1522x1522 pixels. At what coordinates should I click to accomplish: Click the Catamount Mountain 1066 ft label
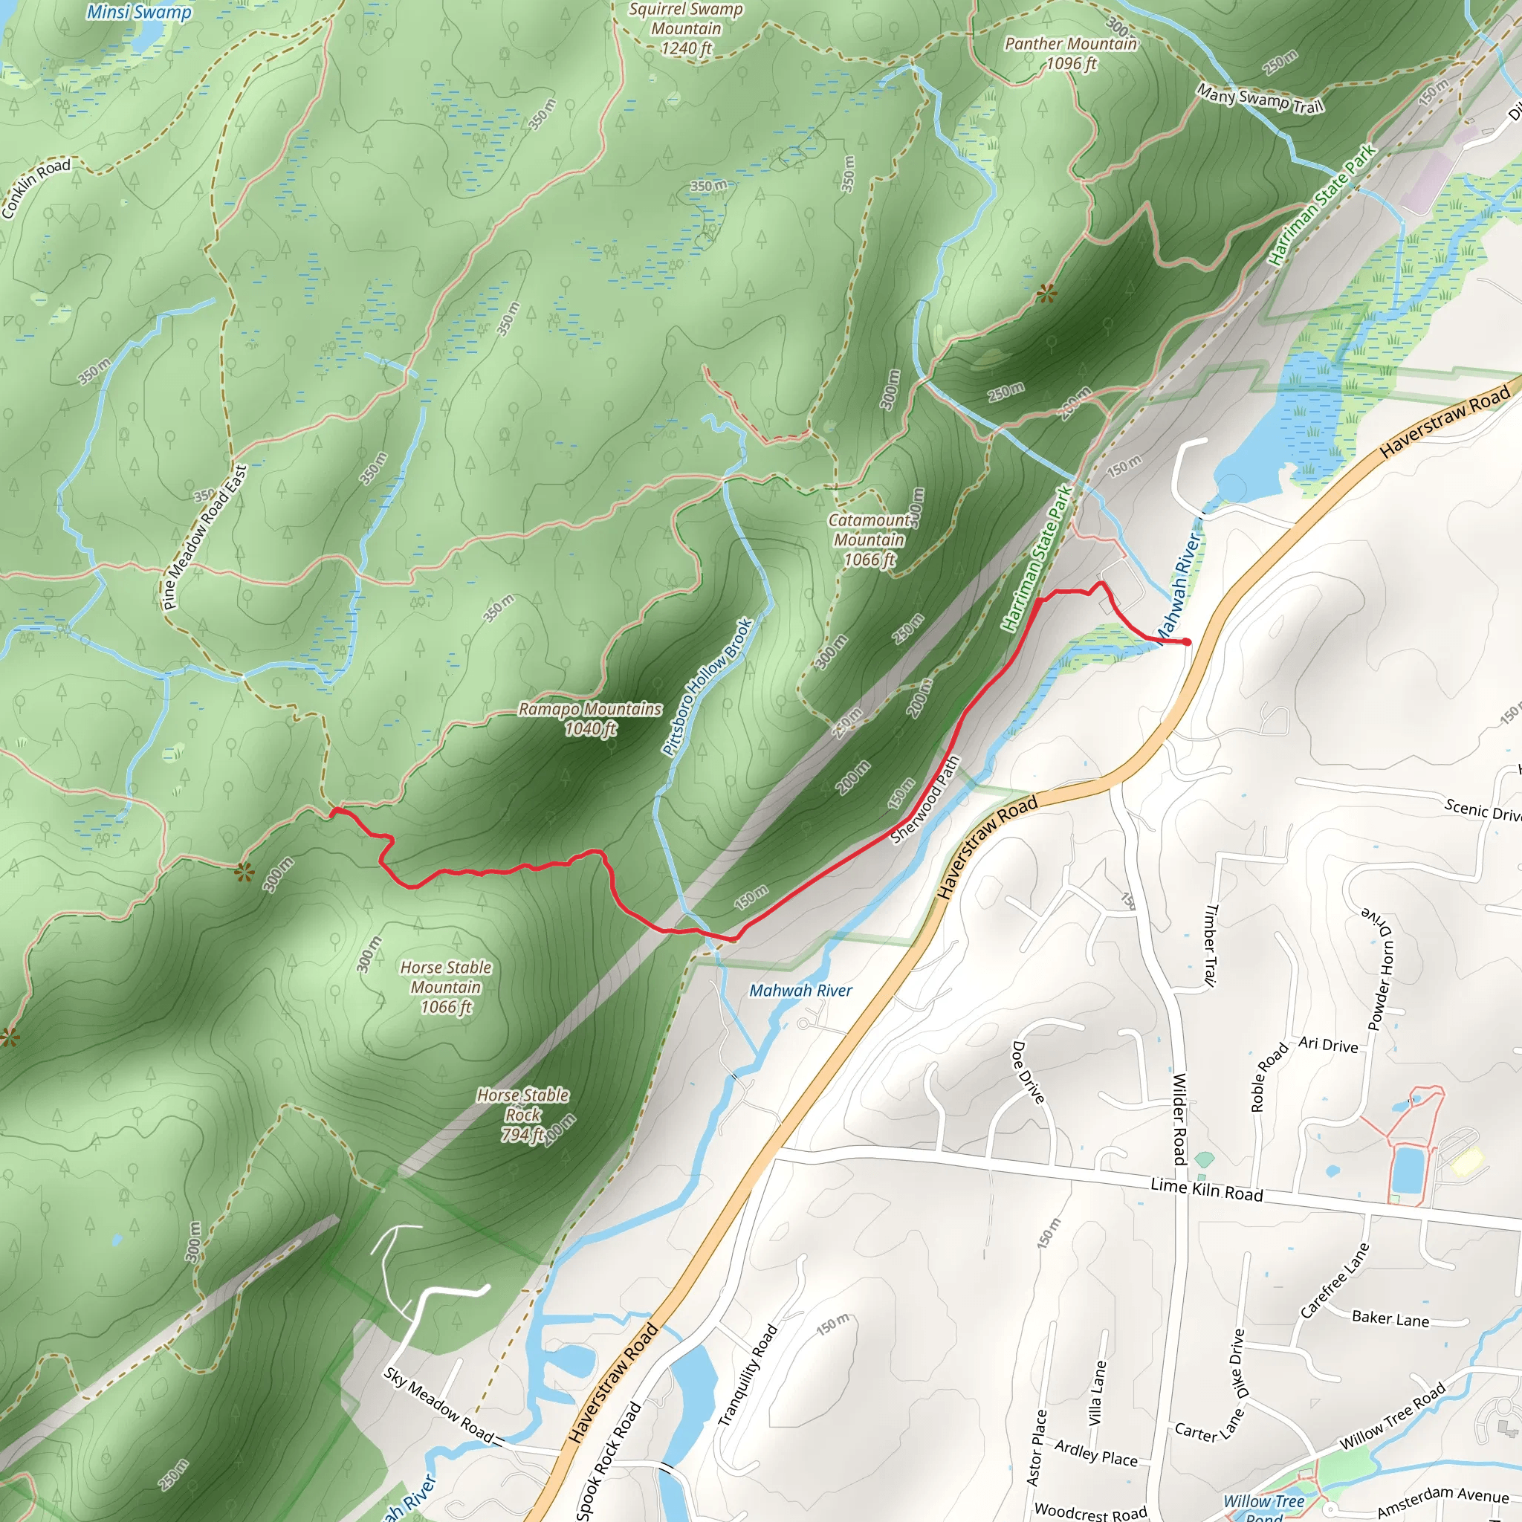(869, 540)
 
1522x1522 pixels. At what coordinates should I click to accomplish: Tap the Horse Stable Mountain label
(446, 986)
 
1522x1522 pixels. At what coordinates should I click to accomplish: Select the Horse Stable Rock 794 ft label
(523, 1115)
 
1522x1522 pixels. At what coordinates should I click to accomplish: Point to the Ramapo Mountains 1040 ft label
(590, 719)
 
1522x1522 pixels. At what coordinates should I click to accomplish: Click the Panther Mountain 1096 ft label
(1071, 54)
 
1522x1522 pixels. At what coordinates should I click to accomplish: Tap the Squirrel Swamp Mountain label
(685, 29)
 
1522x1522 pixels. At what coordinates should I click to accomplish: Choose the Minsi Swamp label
(139, 12)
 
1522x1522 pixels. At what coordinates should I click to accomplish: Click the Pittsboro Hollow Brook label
(707, 687)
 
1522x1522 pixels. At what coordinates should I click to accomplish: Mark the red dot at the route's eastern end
(1187, 643)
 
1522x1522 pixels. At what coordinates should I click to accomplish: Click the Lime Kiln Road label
(1206, 1189)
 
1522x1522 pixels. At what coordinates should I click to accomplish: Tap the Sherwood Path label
(926, 800)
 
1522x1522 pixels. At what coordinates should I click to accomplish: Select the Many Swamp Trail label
(1260, 99)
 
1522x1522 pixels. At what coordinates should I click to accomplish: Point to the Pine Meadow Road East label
(205, 537)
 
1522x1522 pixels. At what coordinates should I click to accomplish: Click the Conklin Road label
(36, 187)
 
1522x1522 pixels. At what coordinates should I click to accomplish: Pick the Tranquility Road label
(748, 1375)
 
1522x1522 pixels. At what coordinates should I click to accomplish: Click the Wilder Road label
(1179, 1118)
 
